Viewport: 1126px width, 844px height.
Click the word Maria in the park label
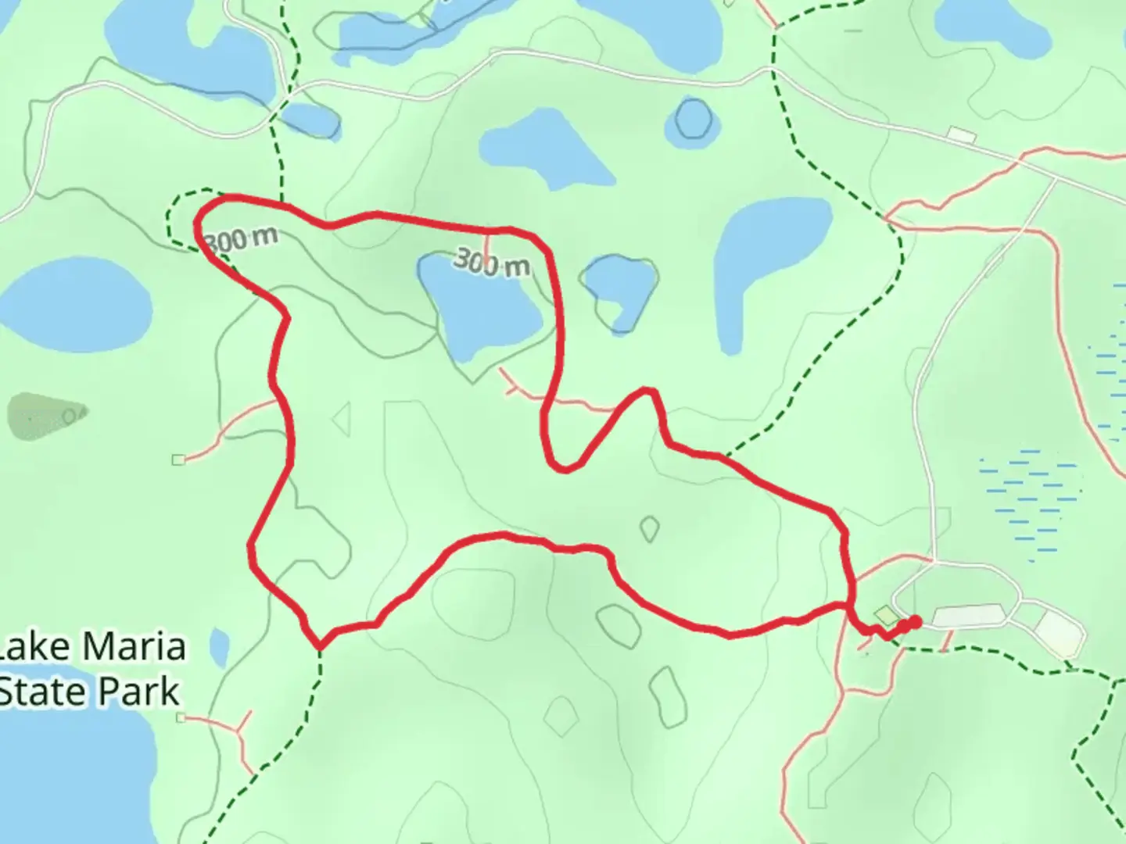point(133,647)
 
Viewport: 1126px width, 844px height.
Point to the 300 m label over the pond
point(491,263)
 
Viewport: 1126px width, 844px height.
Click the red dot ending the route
point(913,622)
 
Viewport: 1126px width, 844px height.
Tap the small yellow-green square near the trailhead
point(883,615)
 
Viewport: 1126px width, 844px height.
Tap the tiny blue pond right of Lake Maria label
point(220,648)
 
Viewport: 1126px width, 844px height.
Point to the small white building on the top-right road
point(961,135)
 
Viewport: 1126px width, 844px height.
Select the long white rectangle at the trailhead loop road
point(967,616)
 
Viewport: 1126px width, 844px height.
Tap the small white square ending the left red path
point(178,460)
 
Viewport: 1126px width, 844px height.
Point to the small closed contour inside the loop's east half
point(649,529)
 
